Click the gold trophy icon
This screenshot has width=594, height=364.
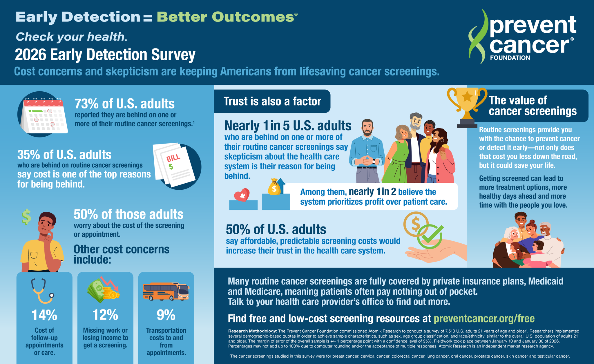coord(467,107)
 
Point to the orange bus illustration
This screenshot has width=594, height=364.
coord(166,291)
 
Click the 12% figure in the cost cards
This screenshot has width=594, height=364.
coord(105,315)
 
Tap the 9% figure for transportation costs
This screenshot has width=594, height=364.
coord(166,315)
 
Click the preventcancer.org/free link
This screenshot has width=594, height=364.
coord(484,318)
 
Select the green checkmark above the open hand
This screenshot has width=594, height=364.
coord(430,236)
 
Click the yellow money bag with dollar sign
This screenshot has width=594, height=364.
coord(274,187)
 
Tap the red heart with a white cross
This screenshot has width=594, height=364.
coord(242,195)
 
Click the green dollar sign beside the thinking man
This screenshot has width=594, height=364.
coord(26,217)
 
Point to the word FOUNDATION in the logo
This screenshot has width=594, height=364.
coord(510,58)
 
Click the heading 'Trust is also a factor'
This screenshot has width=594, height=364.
coord(272,102)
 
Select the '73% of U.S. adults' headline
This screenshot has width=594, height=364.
coord(124,104)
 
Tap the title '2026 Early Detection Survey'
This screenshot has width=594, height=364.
coord(105,55)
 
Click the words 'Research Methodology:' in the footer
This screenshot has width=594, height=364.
coord(253,331)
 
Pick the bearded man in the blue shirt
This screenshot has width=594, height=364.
coord(367,151)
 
